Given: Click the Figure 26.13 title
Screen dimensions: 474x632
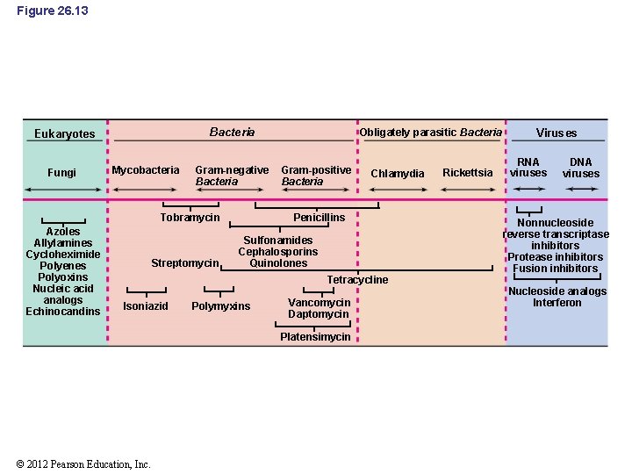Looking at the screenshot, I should (x=53, y=11).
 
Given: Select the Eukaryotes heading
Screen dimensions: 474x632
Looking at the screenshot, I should (x=64, y=134).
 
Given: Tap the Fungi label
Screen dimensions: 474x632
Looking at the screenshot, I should (x=61, y=173).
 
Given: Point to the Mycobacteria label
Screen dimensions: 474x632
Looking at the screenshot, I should (x=146, y=169).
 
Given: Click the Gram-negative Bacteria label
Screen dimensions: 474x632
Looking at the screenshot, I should (x=232, y=176).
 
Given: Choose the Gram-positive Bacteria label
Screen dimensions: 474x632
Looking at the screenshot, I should (x=316, y=176).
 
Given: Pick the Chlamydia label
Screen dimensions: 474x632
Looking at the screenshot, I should (x=397, y=174).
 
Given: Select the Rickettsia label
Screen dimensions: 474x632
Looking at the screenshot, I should (x=468, y=173).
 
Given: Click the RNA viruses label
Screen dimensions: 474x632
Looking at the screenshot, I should (x=528, y=168).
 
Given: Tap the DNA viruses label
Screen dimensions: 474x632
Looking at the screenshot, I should (x=581, y=168).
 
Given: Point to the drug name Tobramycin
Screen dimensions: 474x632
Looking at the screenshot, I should (x=190, y=218).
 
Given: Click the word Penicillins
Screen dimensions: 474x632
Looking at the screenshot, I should (x=320, y=217).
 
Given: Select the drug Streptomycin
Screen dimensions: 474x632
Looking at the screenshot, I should (x=184, y=263).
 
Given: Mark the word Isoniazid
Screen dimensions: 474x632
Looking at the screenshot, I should (x=146, y=306).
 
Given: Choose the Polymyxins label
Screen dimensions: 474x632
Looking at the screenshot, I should (x=220, y=306).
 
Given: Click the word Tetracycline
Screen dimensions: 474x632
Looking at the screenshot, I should (x=357, y=280).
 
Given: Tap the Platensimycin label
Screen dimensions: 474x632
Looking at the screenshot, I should (x=315, y=337).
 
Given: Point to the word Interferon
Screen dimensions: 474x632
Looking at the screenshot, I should (x=557, y=303).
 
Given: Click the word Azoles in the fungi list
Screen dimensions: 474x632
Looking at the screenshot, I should (x=63, y=232).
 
